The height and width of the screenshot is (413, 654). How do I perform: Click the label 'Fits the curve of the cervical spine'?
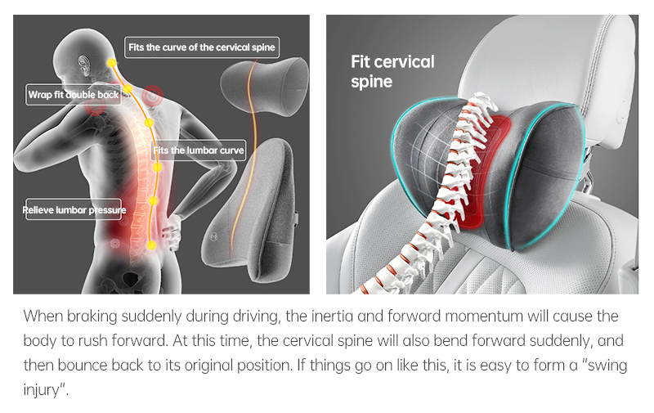click(x=202, y=47)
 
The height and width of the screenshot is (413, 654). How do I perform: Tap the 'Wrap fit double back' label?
click(x=74, y=95)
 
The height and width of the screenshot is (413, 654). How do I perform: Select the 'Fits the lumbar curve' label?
click(x=199, y=150)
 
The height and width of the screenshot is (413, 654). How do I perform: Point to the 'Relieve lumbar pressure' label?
click(x=74, y=209)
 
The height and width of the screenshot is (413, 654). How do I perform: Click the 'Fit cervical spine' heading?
click(x=392, y=71)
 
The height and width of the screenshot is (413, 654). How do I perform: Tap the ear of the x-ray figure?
click(x=85, y=65)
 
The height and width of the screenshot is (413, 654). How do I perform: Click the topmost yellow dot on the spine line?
click(x=111, y=63)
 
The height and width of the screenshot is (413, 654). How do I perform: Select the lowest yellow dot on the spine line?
click(x=151, y=245)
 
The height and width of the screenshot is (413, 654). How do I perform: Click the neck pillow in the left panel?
click(x=264, y=87)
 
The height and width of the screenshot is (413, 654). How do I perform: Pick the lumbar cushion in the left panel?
click(x=250, y=209)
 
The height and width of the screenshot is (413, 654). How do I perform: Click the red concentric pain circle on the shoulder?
click(x=152, y=96)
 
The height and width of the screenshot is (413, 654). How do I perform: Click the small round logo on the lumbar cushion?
click(x=214, y=236)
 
